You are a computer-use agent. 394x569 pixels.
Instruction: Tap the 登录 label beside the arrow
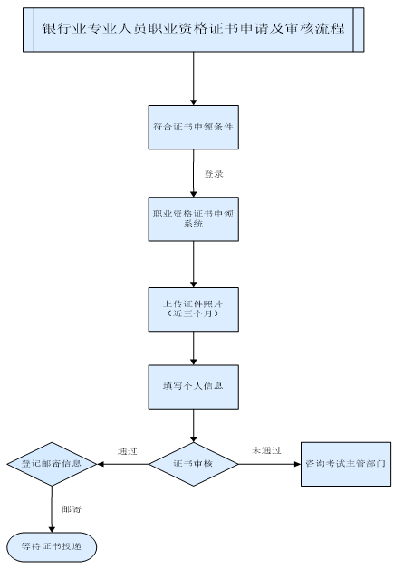[x=214, y=172]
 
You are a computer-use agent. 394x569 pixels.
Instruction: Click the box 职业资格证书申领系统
[x=194, y=218]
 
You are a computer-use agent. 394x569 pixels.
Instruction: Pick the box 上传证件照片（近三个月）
[x=194, y=308]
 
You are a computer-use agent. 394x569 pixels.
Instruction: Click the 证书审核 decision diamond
[x=194, y=464]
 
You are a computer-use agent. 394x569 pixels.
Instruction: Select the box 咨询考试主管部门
[x=346, y=464]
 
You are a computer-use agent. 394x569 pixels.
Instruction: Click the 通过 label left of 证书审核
[x=128, y=450]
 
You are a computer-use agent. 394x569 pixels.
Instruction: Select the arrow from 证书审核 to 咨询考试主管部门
[x=270, y=464]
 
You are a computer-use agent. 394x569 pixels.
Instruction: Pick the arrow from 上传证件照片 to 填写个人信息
[x=194, y=348]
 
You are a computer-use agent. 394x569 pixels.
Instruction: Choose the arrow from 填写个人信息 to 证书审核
[x=194, y=425]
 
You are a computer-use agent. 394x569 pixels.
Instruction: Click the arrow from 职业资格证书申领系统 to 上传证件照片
[x=194, y=265]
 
